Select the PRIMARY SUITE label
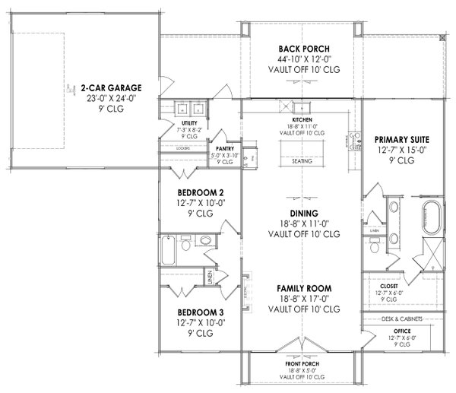(x=402, y=140)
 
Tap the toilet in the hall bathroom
(x=204, y=242)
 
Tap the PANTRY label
(x=224, y=149)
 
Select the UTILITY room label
(x=188, y=123)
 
